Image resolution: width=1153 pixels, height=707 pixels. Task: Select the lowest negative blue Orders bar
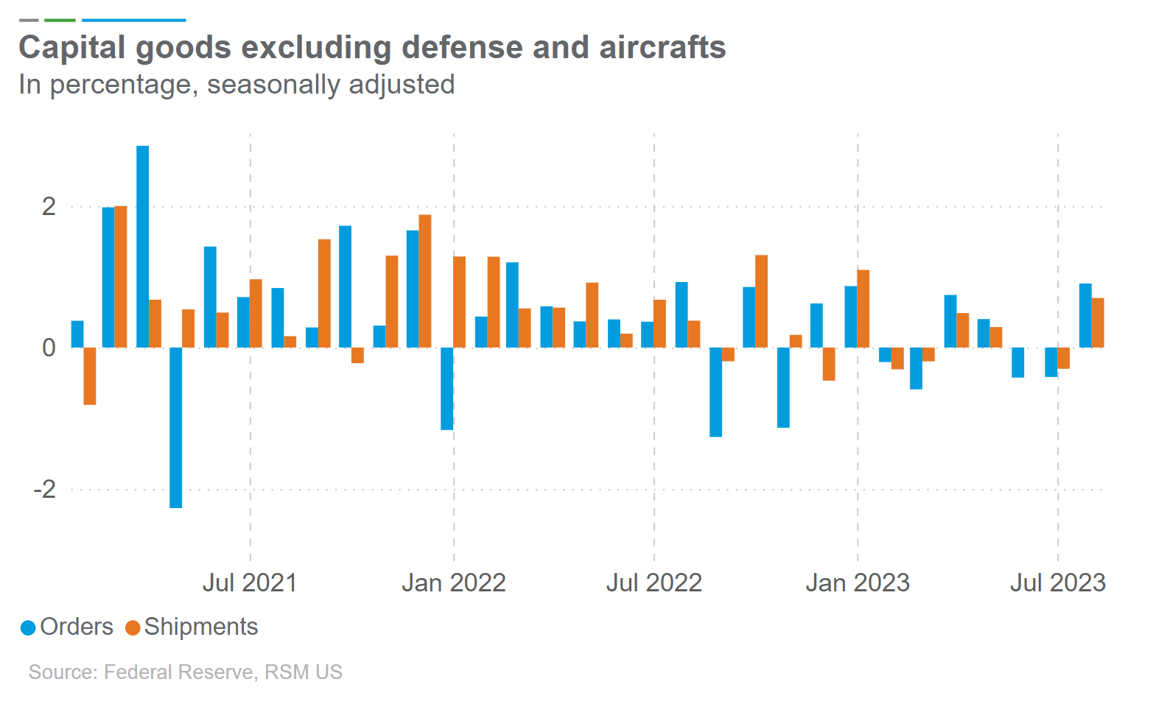[x=176, y=427]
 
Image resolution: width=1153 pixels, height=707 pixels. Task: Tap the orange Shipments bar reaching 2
[x=121, y=277]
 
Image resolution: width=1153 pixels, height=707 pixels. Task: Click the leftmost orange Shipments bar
[x=90, y=376]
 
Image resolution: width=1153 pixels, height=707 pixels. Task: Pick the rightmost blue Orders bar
[x=1085, y=315]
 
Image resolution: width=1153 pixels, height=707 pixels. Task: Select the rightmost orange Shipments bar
[x=1098, y=323]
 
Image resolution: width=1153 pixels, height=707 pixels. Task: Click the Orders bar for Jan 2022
[x=446, y=388]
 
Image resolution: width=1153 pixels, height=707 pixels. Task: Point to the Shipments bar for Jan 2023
[x=863, y=309]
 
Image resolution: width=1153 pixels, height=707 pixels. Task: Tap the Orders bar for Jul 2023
[x=1051, y=362]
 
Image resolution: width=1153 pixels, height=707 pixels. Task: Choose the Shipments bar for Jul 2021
[x=256, y=313]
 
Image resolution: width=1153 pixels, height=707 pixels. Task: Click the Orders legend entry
[x=67, y=627]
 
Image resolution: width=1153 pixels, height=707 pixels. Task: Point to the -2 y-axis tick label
[x=44, y=489]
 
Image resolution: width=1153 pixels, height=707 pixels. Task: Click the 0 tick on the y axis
[x=49, y=348]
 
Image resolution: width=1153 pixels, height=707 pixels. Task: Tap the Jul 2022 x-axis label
[x=653, y=583]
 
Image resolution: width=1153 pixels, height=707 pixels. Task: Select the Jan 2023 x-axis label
[x=858, y=583]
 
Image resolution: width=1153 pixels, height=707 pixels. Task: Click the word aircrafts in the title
[x=662, y=47]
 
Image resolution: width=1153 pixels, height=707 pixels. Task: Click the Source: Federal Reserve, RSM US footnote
[x=186, y=672]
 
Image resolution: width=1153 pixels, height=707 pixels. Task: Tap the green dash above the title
[x=60, y=20]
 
